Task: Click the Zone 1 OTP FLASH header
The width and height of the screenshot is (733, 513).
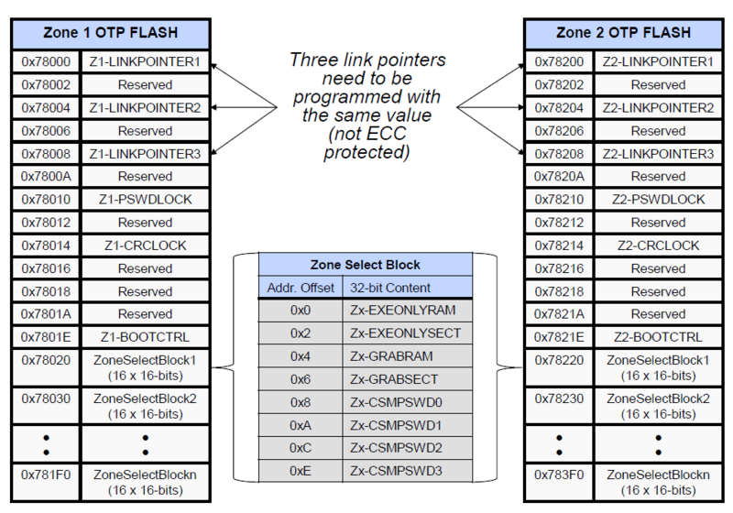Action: [110, 35]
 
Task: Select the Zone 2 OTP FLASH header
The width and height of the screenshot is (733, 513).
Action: [623, 35]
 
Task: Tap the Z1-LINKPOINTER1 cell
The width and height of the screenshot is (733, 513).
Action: [145, 61]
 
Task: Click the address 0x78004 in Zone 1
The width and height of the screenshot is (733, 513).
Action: [46, 107]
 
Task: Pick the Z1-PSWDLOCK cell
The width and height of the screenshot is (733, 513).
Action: [145, 199]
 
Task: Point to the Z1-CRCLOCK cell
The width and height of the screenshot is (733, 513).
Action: [145, 246]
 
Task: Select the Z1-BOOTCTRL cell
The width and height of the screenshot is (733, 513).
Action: [145, 337]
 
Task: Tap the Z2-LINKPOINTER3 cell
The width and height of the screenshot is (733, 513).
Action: [658, 153]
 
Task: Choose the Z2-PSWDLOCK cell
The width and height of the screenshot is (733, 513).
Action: [658, 199]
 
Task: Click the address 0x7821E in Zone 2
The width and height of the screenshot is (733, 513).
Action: [559, 337]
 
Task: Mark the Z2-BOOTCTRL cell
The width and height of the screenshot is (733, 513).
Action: [658, 337]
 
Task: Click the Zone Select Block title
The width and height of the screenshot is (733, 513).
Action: [365, 265]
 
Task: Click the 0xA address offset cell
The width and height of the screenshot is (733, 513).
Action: [301, 425]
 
